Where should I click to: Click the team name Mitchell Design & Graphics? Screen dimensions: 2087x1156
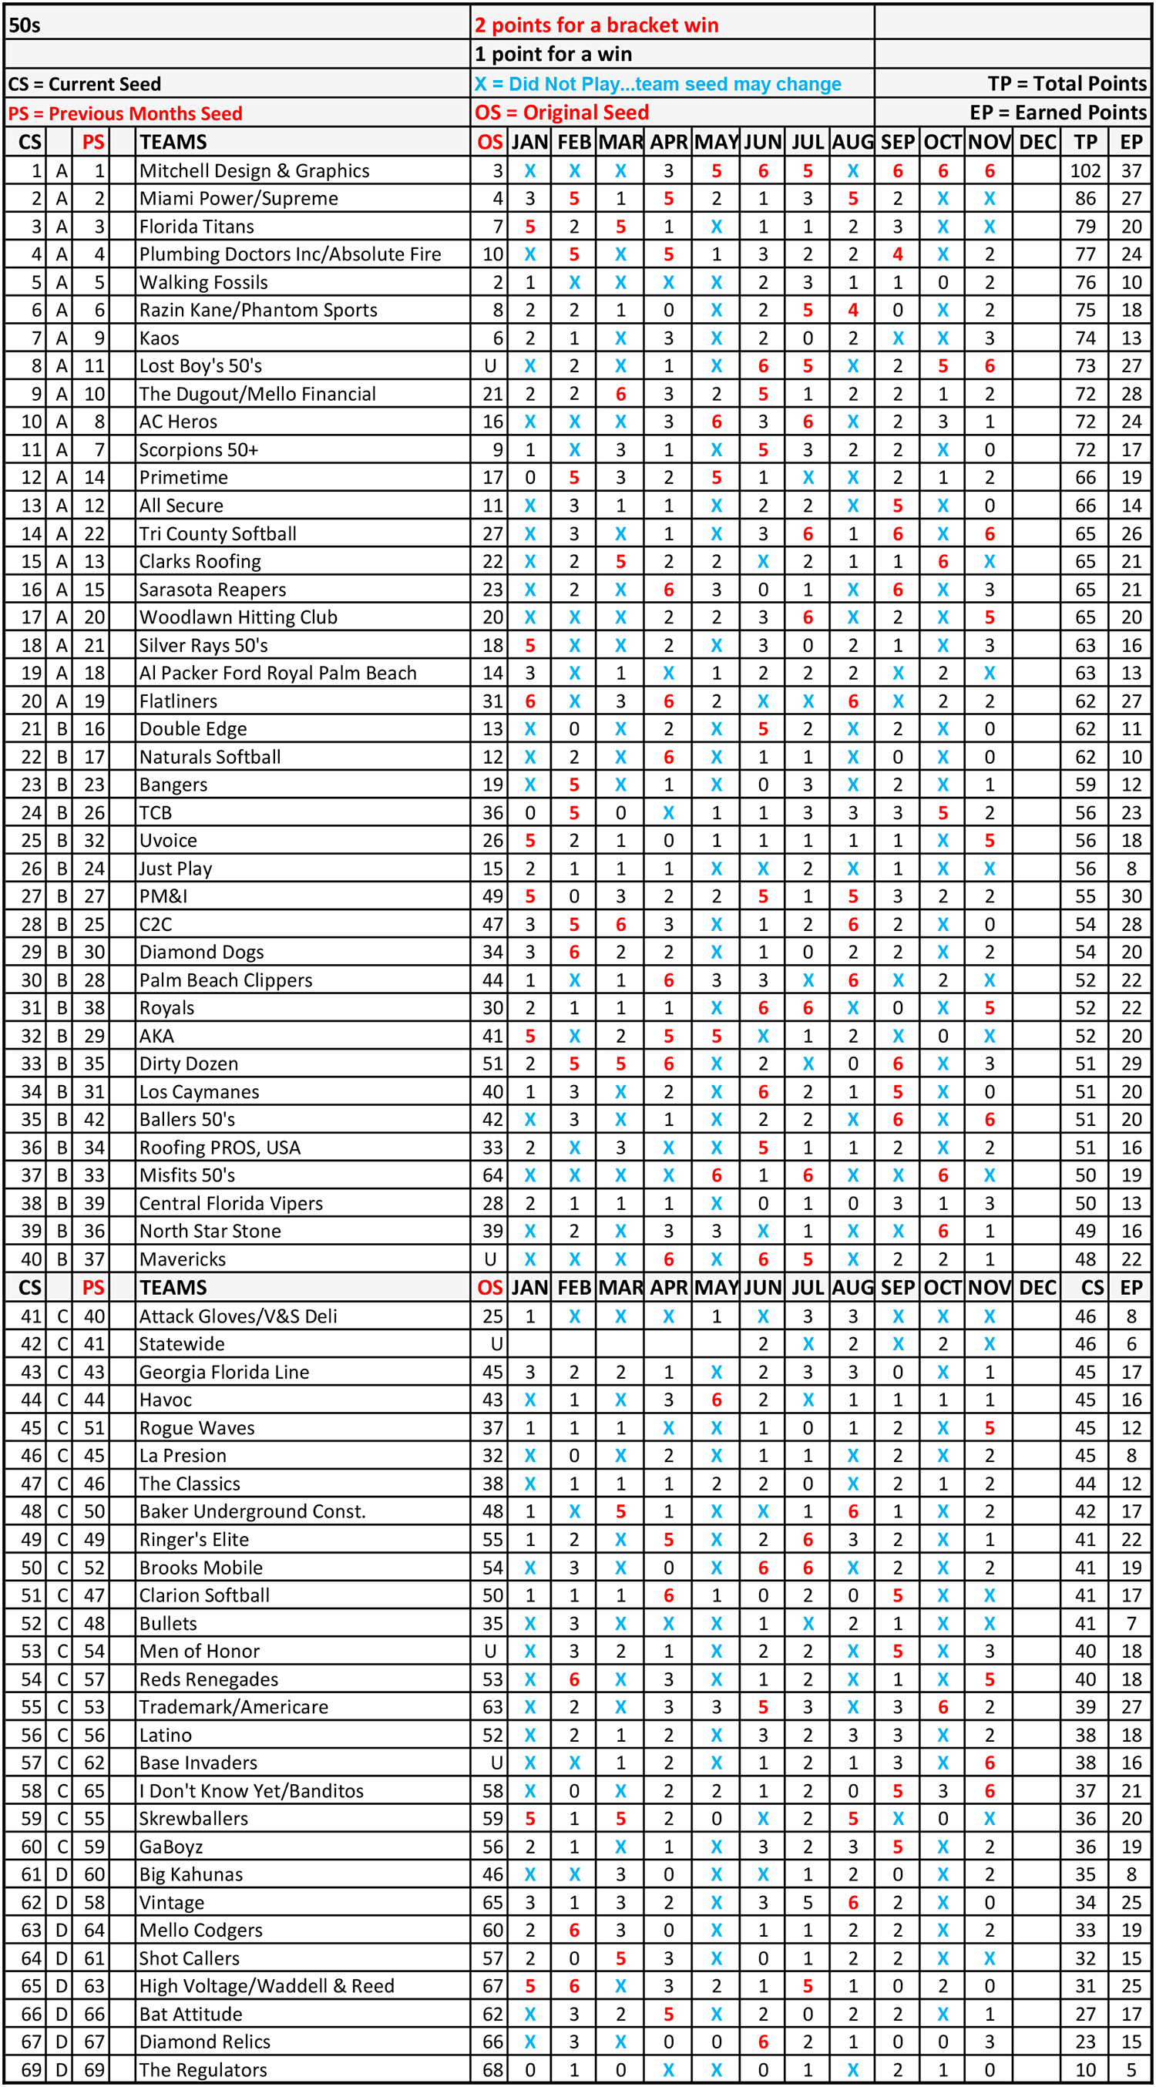pos(254,171)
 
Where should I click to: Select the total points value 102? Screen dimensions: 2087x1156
pos(1084,171)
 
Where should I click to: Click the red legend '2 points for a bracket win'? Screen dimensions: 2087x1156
pos(596,25)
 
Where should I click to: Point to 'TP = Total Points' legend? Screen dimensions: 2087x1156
pos(1067,83)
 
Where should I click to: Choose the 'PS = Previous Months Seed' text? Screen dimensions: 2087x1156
pos(126,113)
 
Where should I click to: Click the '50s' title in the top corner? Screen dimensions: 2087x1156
pos(25,25)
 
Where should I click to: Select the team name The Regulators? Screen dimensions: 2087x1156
pos(203,2069)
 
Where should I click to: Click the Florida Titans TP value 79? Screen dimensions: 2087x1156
pos(1084,227)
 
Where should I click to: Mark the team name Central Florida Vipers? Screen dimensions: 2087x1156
pos(231,1203)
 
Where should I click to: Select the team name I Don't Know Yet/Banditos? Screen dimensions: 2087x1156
pos(251,1790)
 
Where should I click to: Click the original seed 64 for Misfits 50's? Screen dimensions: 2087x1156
pos(492,1175)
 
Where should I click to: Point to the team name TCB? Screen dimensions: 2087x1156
pos(156,812)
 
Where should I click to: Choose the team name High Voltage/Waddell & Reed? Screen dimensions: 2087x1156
pos(267,1986)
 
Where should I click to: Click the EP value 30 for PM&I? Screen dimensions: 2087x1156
pos(1131,896)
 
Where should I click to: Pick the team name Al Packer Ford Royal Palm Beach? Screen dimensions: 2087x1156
pos(278,674)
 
